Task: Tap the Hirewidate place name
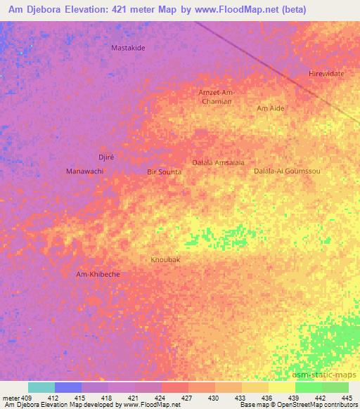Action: point(326,74)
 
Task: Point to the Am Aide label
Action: point(271,108)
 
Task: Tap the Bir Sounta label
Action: point(165,171)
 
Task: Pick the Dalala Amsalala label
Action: point(219,162)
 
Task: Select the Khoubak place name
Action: point(166,260)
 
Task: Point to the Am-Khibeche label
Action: point(98,274)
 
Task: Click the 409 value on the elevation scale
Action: point(27,397)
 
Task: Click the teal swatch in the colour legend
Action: point(41,387)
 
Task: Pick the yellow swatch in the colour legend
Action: point(281,387)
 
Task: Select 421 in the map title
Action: point(143,10)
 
